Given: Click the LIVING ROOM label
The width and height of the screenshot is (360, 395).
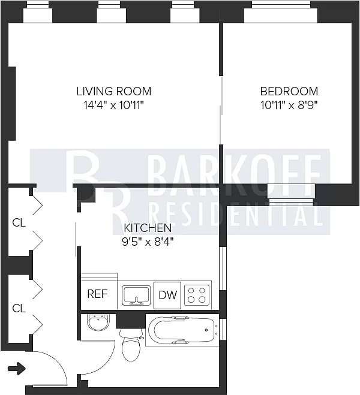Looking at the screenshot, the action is point(113,91).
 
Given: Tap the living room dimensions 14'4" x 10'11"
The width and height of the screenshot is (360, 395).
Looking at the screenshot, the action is point(113,105).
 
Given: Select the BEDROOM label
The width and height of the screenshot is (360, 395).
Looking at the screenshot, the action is point(289,91).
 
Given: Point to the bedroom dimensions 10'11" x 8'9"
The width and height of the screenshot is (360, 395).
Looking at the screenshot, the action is point(289,105).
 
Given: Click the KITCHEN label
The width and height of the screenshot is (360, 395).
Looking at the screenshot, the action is point(148,228).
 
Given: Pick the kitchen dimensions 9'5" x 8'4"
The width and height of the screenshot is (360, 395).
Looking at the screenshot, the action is point(148,242).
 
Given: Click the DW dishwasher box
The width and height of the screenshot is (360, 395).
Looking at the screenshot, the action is point(167,295).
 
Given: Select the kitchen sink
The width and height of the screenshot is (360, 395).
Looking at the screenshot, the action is point(136,296).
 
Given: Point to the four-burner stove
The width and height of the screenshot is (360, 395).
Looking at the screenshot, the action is point(197,295).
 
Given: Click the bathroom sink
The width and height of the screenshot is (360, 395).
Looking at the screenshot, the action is point(98,322).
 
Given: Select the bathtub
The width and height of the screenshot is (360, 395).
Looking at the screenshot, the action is point(182,330).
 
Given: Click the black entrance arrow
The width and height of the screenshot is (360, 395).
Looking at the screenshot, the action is point(17,369).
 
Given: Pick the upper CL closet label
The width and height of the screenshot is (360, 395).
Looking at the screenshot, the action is point(19,223).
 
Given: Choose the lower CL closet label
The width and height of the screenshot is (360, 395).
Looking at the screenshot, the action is point(19,308).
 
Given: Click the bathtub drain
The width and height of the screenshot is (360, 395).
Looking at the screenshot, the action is point(206,330).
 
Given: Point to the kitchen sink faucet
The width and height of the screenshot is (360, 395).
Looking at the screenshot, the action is point(136,301).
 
